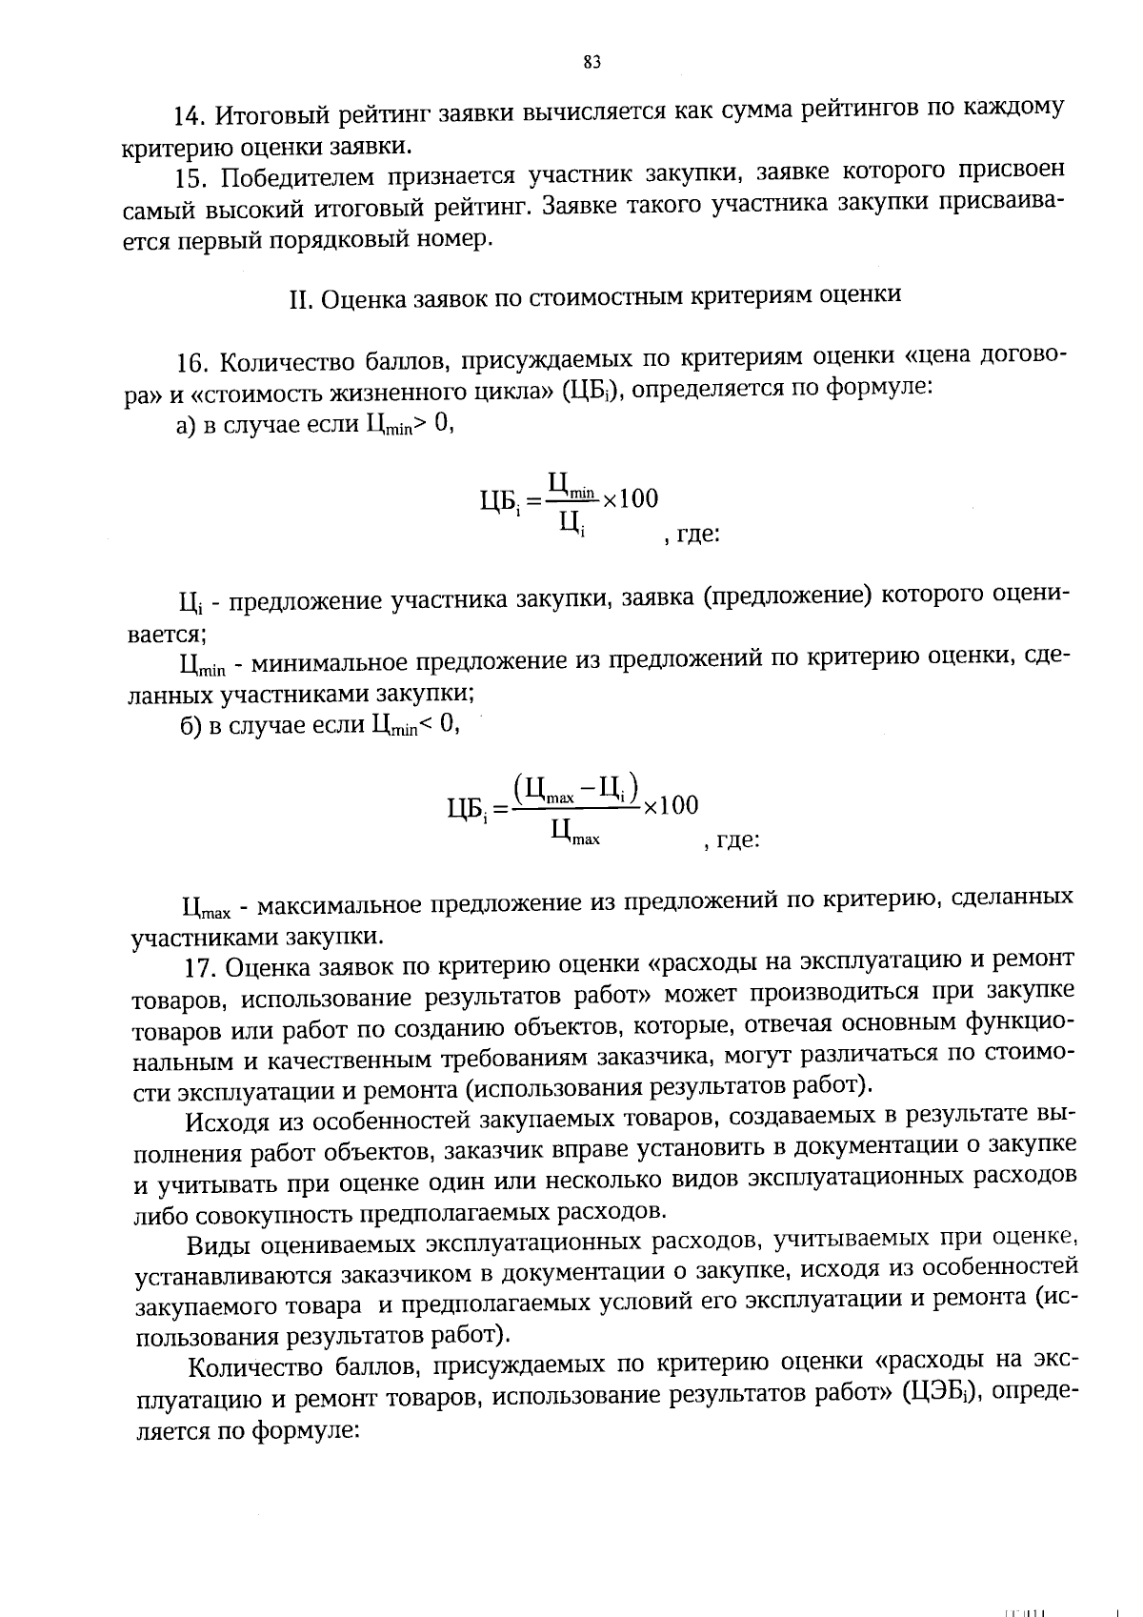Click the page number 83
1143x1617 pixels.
click(591, 63)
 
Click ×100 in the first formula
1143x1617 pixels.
click(630, 498)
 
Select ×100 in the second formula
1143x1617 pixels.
click(670, 805)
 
